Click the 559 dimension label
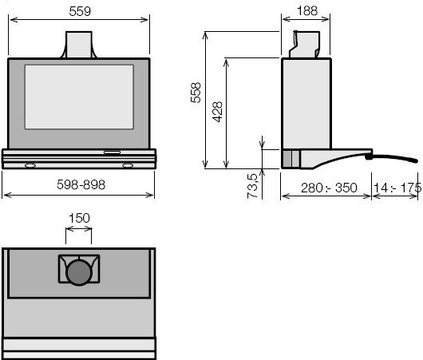tap(80, 11)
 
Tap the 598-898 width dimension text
tap(81, 185)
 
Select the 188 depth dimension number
tap(307, 11)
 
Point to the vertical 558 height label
tap(196, 93)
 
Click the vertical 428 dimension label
tap(217, 112)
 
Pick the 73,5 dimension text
tap(252, 186)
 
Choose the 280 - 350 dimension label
tap(329, 188)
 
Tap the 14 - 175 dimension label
tap(397, 188)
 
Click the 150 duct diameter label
tap(79, 218)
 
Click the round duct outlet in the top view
tap(79, 272)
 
